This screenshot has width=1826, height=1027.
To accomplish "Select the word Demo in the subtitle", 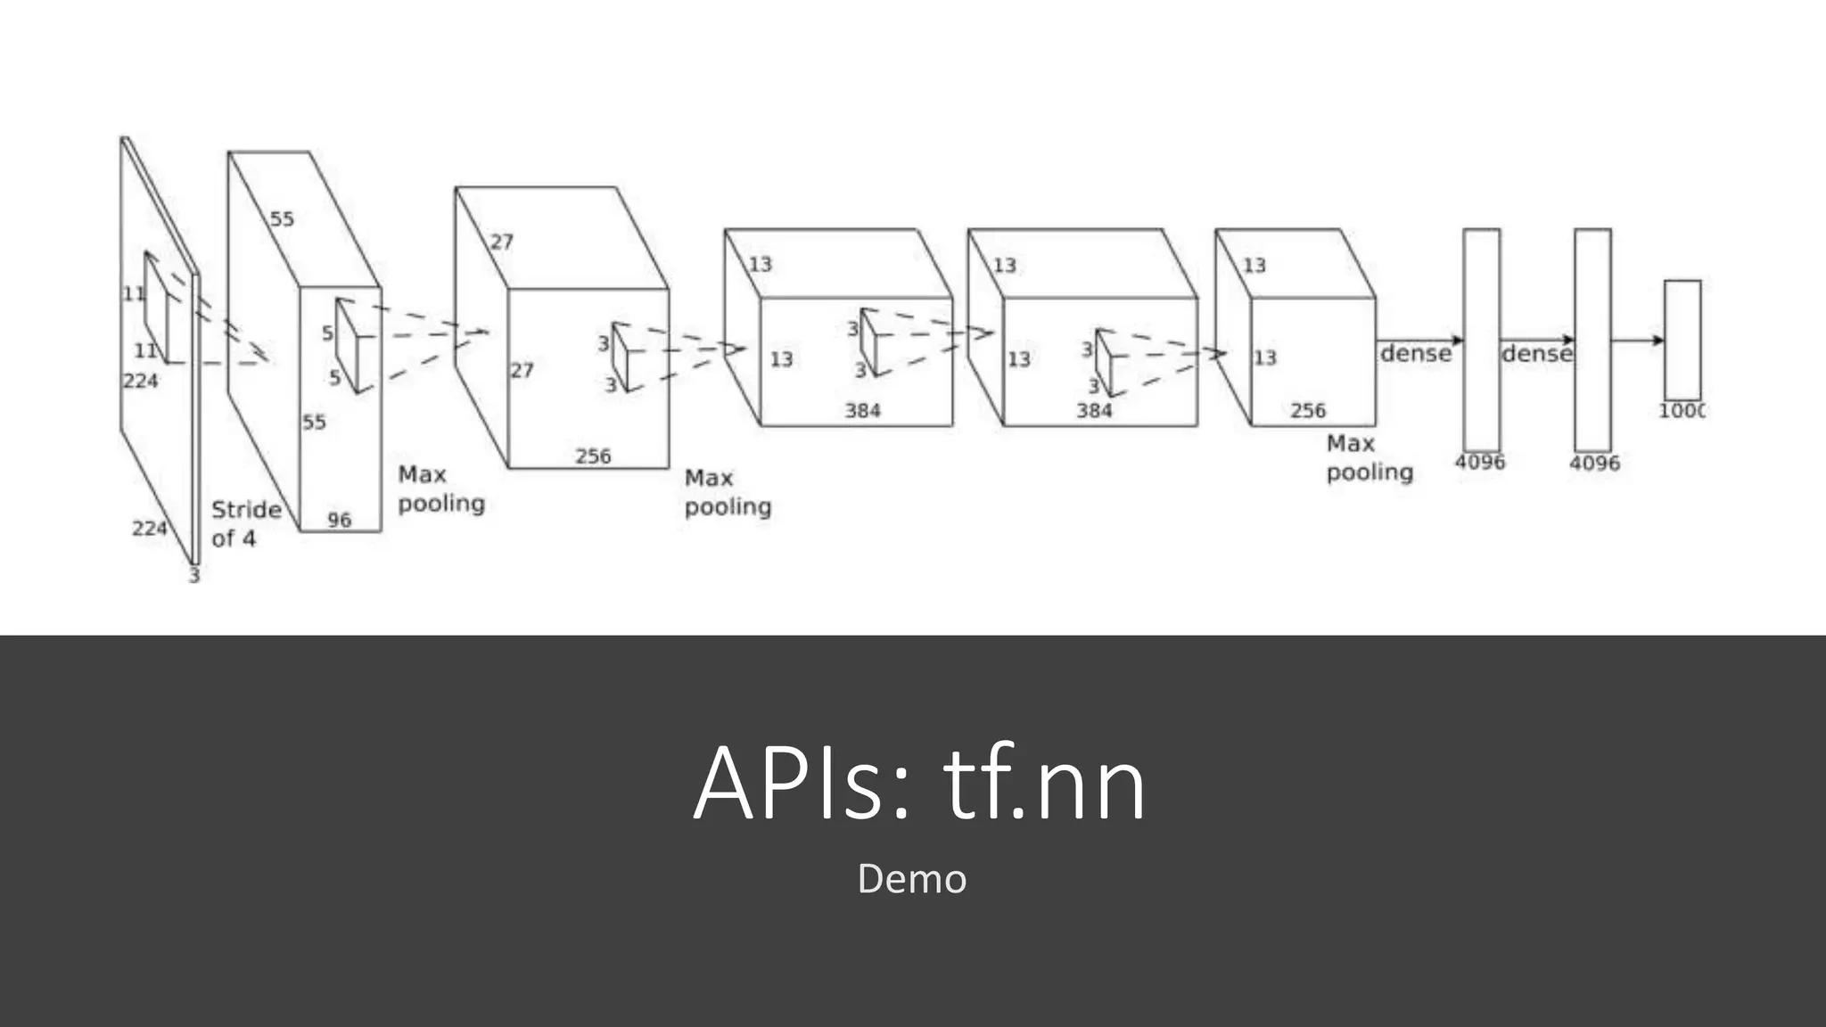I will [911, 879].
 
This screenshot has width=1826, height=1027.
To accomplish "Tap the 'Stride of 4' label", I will [245, 524].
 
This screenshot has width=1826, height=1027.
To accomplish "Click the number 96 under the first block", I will [339, 520].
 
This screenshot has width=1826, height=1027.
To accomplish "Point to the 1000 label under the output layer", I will [1681, 411].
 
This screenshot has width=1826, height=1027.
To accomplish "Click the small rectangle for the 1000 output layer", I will [1682, 340].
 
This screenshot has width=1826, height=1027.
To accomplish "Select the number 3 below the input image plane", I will [194, 576].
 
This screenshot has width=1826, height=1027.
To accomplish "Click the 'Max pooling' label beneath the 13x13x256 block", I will [1369, 457].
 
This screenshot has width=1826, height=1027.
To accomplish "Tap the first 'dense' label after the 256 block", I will [1415, 354].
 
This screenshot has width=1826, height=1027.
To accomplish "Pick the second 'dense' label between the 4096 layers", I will [1535, 354].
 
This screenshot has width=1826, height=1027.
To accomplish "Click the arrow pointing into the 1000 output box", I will [1639, 340].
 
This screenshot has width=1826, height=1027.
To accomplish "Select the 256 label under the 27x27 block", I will [593, 456].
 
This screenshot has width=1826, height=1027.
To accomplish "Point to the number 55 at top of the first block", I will [282, 219].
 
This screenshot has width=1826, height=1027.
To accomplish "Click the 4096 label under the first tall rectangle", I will [1479, 462].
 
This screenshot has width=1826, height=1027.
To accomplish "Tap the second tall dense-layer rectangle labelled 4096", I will [1592, 340].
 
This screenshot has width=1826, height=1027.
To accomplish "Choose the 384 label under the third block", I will [862, 411].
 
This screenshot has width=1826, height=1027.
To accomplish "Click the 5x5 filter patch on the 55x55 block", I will [347, 346].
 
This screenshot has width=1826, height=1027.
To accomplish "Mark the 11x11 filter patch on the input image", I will [156, 308].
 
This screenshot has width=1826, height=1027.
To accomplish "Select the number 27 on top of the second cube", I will [502, 242].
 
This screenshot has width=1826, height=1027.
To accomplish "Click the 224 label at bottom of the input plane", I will [149, 529].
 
